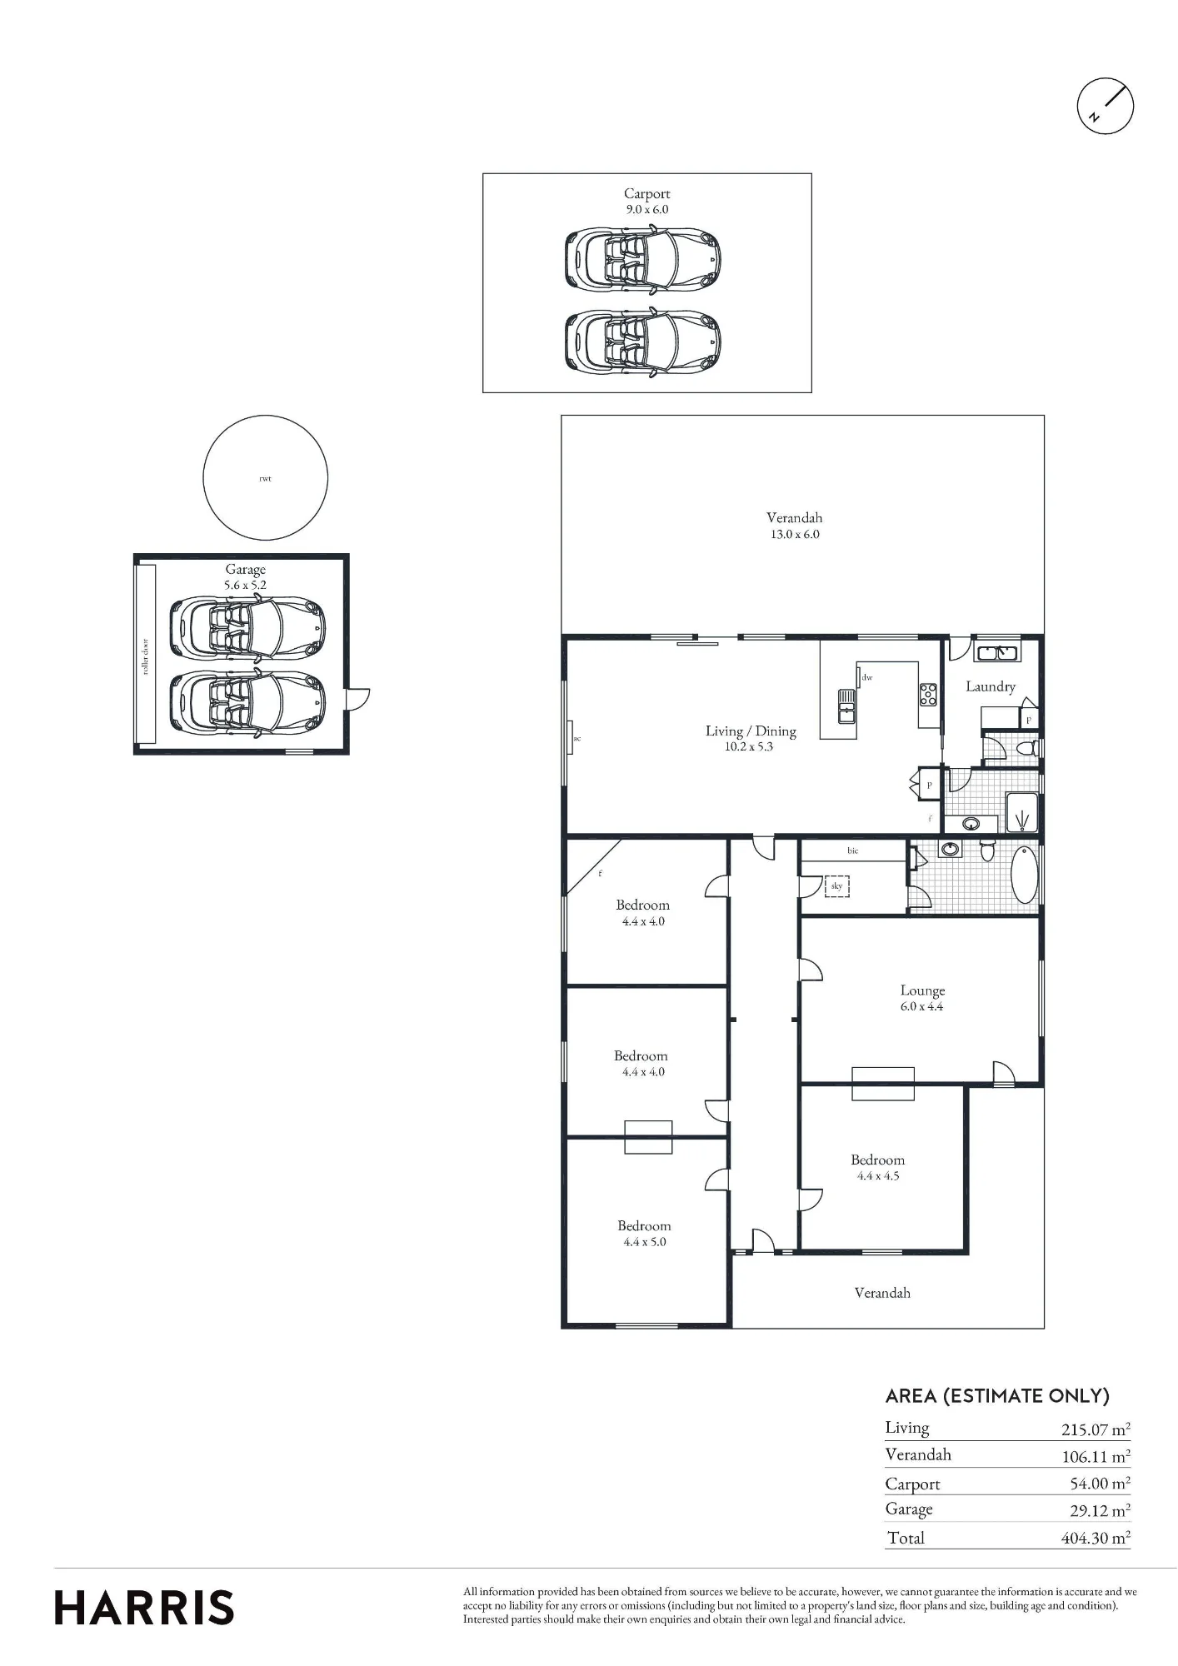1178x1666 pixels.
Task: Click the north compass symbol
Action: (x=1106, y=106)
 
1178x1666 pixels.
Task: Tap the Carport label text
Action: (x=647, y=193)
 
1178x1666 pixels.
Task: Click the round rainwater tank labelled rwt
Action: (x=266, y=477)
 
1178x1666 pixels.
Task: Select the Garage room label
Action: (x=245, y=570)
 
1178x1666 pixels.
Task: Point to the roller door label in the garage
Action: (x=145, y=656)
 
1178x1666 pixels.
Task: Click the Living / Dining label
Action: (x=751, y=731)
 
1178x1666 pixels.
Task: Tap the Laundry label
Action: (x=991, y=686)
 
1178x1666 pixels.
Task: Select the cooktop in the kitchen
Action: (x=928, y=695)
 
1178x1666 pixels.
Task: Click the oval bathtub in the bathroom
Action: (x=1025, y=875)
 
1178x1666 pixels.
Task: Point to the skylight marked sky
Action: (x=836, y=885)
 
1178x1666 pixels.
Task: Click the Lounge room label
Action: (x=922, y=990)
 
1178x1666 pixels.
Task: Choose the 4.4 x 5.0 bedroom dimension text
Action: (x=644, y=1241)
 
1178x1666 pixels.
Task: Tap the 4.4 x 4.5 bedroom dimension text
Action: (x=878, y=1175)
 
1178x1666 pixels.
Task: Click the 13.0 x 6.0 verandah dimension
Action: (x=795, y=534)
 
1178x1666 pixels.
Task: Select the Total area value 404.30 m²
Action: (x=1096, y=1538)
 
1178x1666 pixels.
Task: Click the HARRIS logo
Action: (x=144, y=1607)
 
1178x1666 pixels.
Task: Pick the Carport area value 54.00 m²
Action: (x=1100, y=1483)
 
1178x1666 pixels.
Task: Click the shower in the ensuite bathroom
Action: (x=1022, y=812)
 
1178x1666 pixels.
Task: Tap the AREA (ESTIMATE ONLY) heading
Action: (x=997, y=1395)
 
